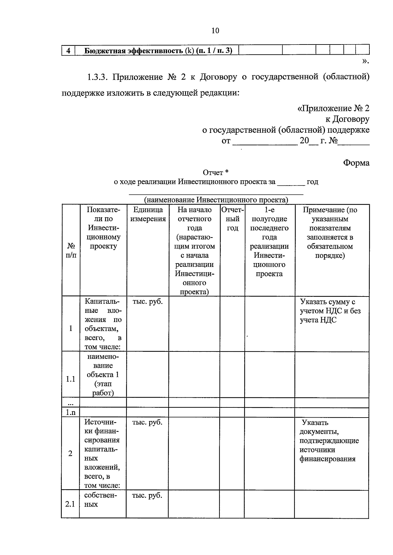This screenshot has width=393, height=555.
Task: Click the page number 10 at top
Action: (215, 31)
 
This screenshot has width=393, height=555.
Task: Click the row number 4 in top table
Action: (68, 51)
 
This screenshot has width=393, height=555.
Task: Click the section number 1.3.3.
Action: (97, 77)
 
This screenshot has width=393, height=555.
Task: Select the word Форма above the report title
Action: (356, 163)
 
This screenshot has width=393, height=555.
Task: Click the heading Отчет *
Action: (215, 172)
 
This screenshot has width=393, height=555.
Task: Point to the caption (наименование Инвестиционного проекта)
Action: (216, 200)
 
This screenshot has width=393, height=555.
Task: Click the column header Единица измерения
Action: (148, 214)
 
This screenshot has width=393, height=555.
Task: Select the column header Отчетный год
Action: (233, 219)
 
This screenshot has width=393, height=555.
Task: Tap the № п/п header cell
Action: (71, 250)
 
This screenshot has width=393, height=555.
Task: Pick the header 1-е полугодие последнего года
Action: (269, 242)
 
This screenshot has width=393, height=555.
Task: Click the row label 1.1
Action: (70, 379)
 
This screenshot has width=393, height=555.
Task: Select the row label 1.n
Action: (70, 412)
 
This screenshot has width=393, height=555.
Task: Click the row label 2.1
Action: (70, 504)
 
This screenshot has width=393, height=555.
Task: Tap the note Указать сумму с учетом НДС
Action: (330, 311)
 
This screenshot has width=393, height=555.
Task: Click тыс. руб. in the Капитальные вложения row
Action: (147, 302)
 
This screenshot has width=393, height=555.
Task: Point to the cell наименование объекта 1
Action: (103, 374)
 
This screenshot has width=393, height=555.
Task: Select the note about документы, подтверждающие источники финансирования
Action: (329, 440)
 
